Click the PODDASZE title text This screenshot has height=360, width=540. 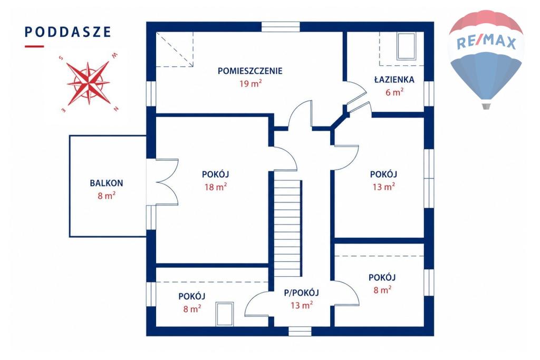[68, 32]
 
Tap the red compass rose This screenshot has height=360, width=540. [89, 83]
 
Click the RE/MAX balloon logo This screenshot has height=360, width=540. [486, 59]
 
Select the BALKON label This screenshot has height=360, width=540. [107, 183]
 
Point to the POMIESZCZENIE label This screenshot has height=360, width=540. [250, 71]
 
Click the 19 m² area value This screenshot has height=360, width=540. [250, 84]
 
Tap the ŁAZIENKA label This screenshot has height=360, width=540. [394, 80]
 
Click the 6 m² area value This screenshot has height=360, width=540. [394, 92]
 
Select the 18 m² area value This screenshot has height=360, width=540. [216, 187]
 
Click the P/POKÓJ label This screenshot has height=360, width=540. [301, 293]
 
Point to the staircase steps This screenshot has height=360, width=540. [288, 229]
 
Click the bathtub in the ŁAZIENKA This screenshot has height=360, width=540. [406, 46]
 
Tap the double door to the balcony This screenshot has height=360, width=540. [167, 182]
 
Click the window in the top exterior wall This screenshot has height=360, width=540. [281, 27]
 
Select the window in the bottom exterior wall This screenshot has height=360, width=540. [300, 331]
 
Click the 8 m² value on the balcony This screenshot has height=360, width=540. [107, 196]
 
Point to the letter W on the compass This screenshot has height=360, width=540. [115, 55]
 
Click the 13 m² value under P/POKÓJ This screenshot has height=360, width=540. [302, 305]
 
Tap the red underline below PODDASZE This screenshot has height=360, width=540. [34, 46]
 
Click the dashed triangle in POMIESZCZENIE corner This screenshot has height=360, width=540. [175, 49]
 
